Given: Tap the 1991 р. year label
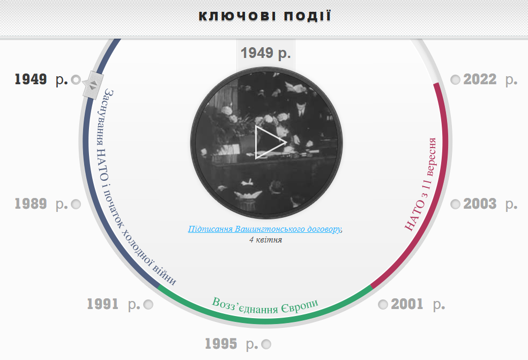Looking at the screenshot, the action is pos(114,304).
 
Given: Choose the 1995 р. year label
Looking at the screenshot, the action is pos(232,344).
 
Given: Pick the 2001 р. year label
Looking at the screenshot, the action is pos(418,304).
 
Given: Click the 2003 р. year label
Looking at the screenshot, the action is pos(490,204).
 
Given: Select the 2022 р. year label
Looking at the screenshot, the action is pos(490,79).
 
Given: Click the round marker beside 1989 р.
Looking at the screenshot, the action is pos(76,204).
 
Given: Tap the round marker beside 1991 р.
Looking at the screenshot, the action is pos(148,305).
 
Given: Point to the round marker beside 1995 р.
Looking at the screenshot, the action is pos(266,344).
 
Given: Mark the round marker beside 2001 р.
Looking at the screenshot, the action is pos(383,305).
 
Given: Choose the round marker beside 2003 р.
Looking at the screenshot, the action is pos(455,204).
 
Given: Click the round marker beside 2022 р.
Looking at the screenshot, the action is pos(455,80).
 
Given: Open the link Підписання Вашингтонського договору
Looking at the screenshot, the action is pos(264,229).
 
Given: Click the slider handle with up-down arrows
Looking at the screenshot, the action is pos(93,85).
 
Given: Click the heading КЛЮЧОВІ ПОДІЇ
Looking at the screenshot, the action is pos(265,16).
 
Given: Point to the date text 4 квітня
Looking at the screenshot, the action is pos(266,240).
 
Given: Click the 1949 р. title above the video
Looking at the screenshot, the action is pos(266,53).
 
